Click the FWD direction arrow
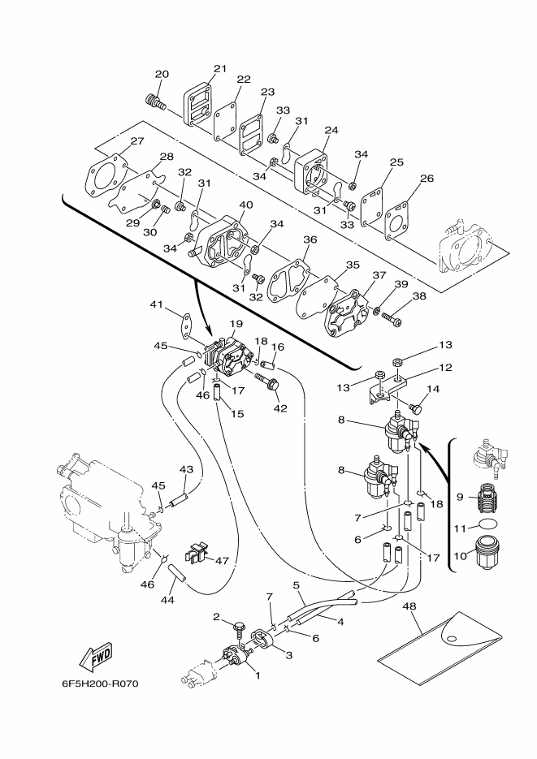97,658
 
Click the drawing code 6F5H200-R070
100,684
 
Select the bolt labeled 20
154,102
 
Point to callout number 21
220,69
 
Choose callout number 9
460,497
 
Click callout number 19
236,323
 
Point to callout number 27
137,141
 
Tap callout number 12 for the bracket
445,368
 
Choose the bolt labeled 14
414,408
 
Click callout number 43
186,469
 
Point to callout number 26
427,178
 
